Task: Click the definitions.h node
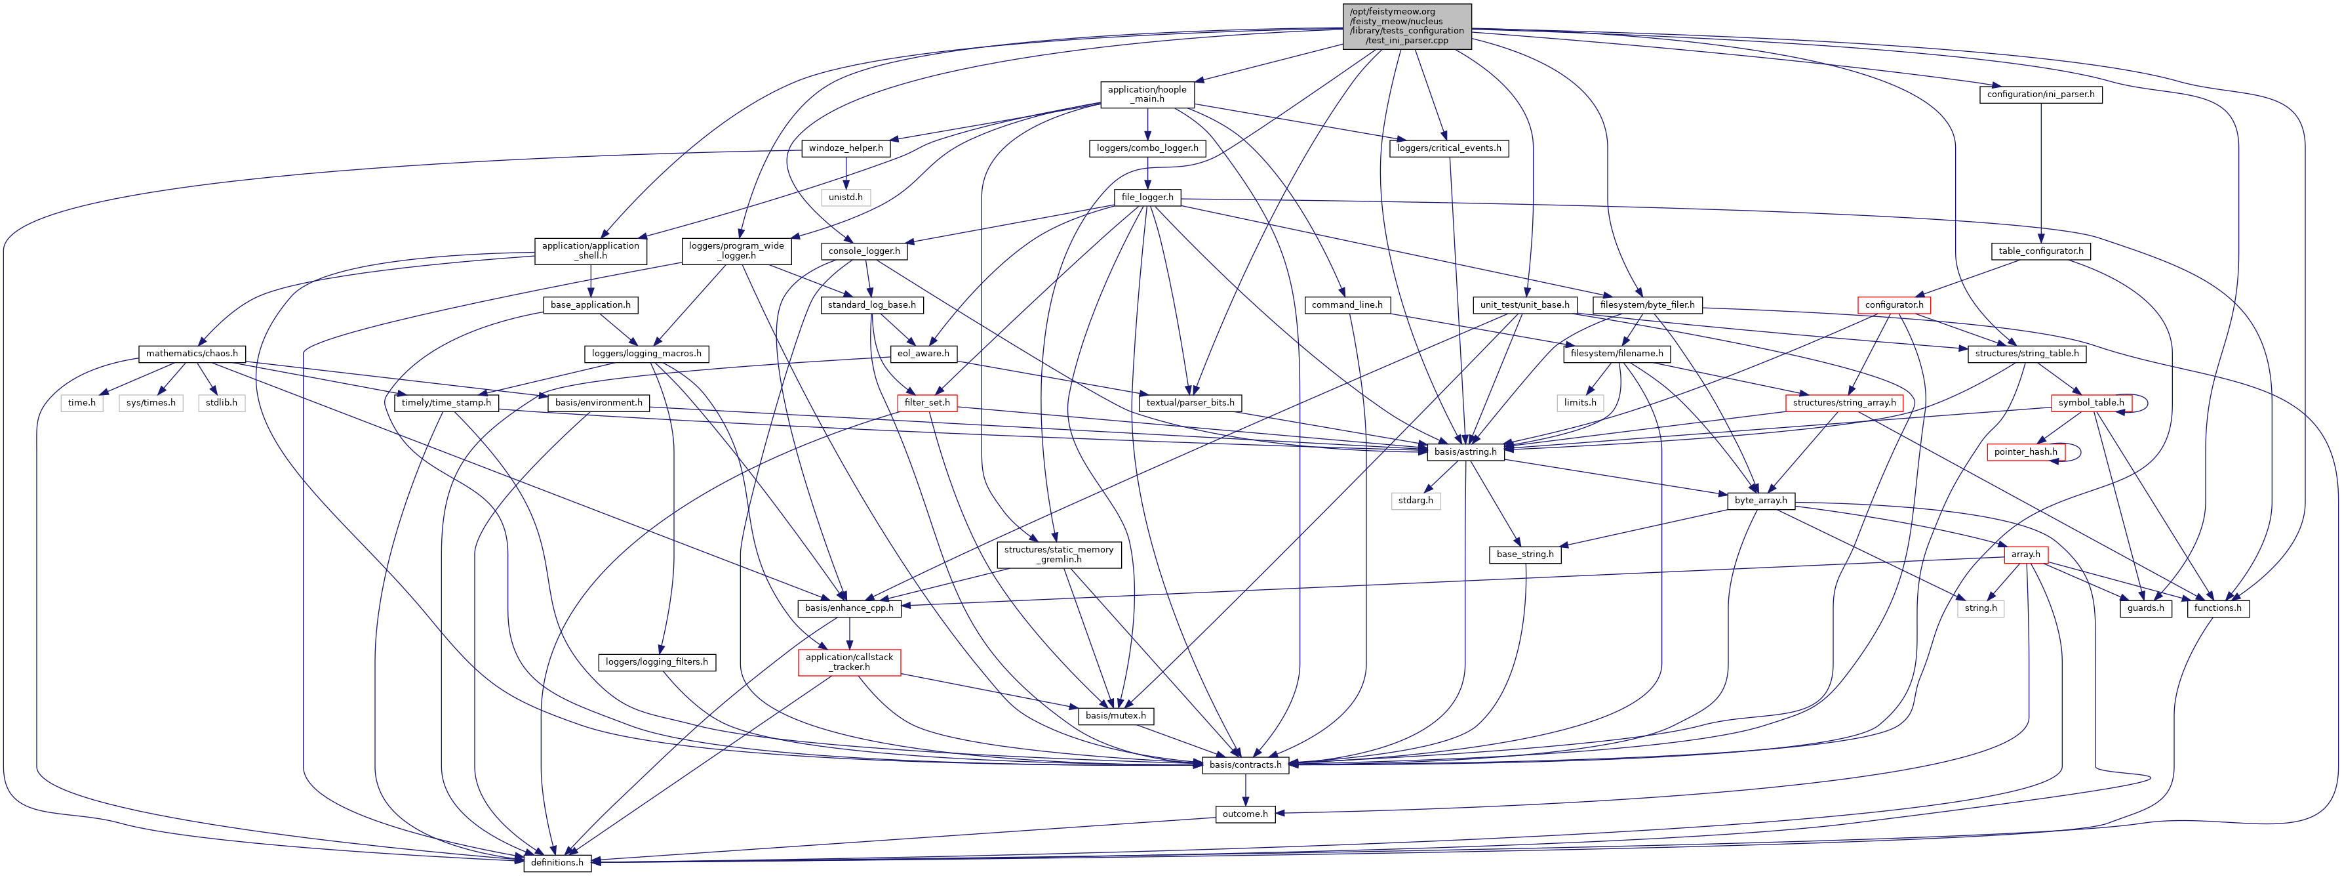click(557, 862)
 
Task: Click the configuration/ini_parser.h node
click(2040, 94)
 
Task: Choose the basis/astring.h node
click(1465, 452)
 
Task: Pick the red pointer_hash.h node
click(2025, 452)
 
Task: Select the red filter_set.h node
click(926, 403)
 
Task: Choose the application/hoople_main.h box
click(1147, 94)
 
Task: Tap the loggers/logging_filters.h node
click(656, 662)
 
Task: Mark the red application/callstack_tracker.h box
click(849, 662)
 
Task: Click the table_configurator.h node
click(2040, 251)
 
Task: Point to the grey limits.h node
click(1579, 403)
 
